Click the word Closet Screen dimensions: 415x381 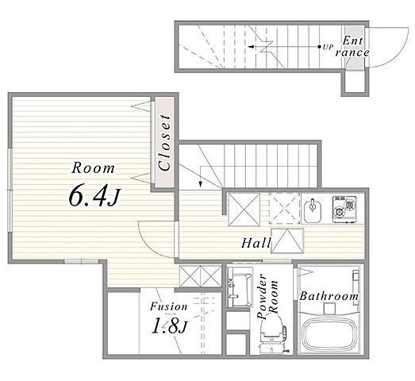point(163,142)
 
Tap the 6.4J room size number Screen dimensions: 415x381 point(94,196)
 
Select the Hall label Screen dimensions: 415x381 point(256,243)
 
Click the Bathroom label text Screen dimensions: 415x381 point(329,296)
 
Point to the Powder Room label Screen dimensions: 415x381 point(267,297)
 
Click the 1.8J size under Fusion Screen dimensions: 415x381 point(169,326)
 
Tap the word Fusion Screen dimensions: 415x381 point(169,306)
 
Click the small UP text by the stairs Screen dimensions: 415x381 point(328,48)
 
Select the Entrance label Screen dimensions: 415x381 point(352,47)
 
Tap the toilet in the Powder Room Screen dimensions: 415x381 point(273,334)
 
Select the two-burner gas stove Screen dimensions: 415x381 point(344,209)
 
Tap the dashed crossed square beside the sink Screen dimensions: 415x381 point(285,209)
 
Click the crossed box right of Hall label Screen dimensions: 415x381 point(287,241)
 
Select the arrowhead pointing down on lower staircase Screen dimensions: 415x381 point(200,184)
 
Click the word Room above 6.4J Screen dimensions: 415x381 point(93,168)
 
